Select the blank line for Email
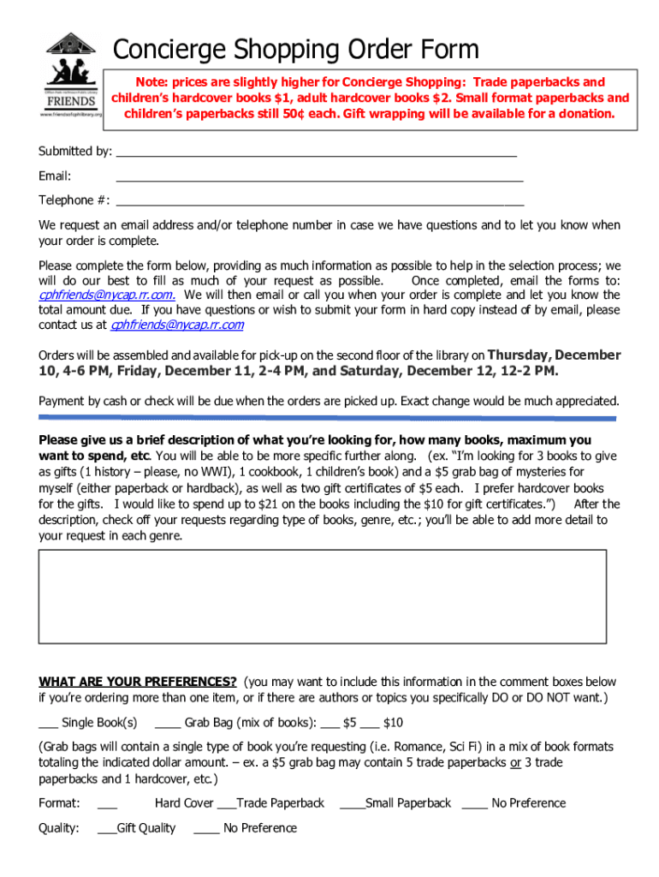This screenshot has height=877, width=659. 318,180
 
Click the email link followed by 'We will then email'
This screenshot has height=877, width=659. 108,295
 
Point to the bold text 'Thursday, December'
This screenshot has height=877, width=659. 554,355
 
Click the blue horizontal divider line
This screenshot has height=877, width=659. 327,418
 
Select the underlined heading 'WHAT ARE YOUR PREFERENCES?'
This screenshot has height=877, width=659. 138,682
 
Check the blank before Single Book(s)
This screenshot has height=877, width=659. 48,725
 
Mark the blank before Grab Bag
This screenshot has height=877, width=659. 168,725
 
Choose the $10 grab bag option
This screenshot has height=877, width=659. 382,723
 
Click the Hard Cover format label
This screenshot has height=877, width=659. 184,803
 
